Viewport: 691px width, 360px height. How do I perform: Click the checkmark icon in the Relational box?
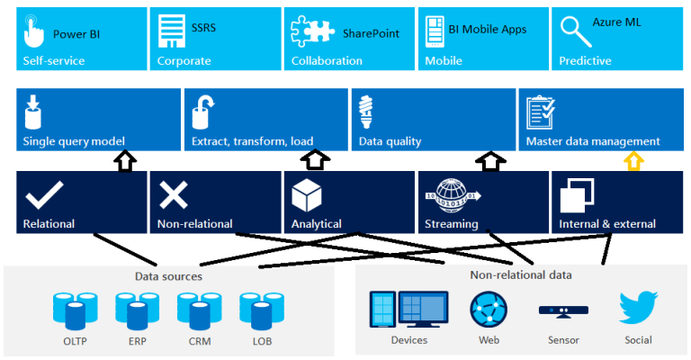click(x=40, y=193)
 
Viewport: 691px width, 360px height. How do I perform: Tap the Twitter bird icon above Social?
click(x=638, y=308)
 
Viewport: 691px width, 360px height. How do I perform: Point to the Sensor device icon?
click(x=562, y=310)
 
